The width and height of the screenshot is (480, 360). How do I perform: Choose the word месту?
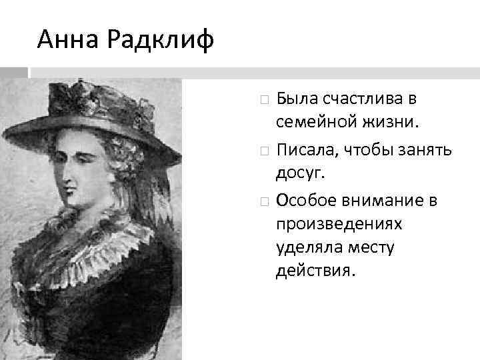pos(370,249)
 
